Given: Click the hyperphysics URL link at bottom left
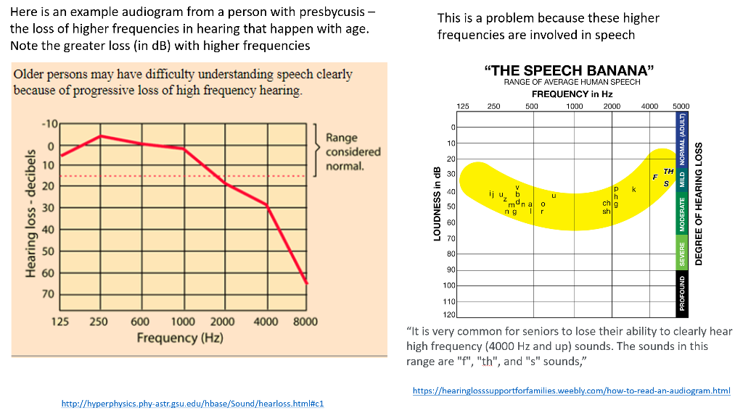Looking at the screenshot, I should click(x=197, y=402).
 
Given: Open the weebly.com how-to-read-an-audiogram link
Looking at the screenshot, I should click(x=571, y=391).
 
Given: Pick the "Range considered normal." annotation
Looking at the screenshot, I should click(x=353, y=152).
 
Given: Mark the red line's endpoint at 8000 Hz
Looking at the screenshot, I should click(x=307, y=283).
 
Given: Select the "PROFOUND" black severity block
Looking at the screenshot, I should click(x=682, y=293).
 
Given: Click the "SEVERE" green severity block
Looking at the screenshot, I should click(x=682, y=253).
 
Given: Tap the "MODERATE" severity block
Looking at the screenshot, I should click(x=682, y=214).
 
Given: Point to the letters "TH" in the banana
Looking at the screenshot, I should click(x=668, y=172).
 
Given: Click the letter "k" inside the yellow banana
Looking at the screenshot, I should click(x=633, y=189).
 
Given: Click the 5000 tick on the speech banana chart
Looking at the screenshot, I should click(x=681, y=107).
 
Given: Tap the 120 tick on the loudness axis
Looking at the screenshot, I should click(x=449, y=315).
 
